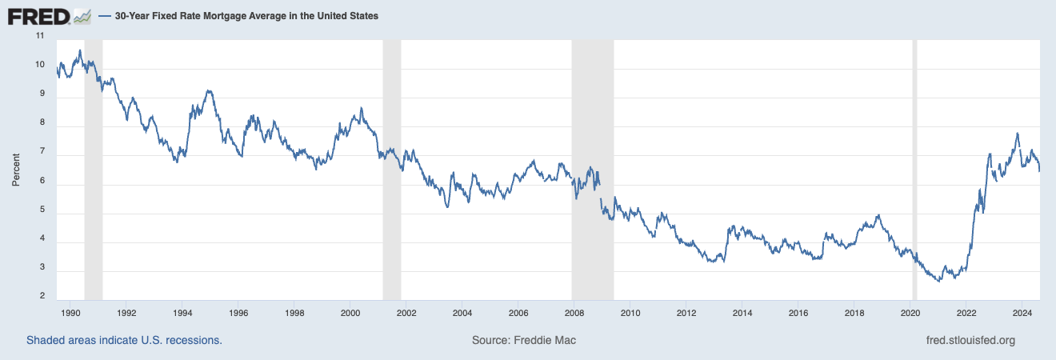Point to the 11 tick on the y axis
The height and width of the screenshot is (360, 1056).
tap(40, 37)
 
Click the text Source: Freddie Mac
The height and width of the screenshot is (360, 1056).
tap(524, 341)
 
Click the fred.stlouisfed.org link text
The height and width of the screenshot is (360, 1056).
tap(969, 341)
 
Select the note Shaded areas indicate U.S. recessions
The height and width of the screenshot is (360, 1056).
tap(124, 341)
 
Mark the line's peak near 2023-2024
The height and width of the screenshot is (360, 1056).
tap(1017, 134)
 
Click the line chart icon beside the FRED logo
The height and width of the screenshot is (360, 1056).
tap(82, 15)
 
